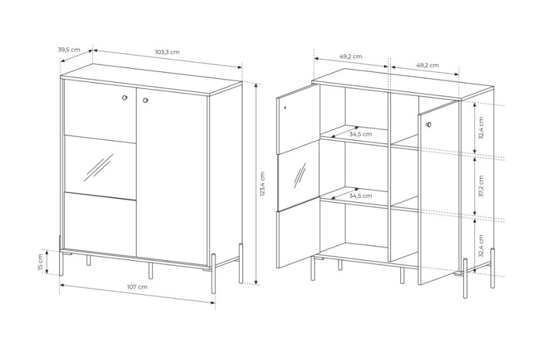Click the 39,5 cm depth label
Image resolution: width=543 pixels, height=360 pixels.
click(69, 49)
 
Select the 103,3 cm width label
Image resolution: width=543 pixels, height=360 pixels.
click(167, 52)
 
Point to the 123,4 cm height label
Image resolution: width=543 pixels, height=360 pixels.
click(262, 184)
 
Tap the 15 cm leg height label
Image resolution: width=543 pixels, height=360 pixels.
click(40, 262)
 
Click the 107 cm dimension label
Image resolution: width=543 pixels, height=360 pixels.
click(137, 287)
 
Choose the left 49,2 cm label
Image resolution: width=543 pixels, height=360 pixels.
click(351, 56)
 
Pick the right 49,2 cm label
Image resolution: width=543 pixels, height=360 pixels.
click(427, 65)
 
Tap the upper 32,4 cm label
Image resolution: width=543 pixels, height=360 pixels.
click(481, 128)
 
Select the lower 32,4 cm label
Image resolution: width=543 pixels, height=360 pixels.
click(481, 246)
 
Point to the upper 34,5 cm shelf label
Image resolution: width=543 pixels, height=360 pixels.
click(361, 134)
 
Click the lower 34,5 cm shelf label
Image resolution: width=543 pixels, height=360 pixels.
click(361, 196)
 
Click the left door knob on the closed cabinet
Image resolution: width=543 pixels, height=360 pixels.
click(124, 98)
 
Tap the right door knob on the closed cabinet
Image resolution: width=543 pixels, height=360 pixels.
click(145, 100)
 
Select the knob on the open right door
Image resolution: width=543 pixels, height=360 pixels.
click(429, 124)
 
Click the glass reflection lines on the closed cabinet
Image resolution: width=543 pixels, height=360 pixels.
click(98, 168)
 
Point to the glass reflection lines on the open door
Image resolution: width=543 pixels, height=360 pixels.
click(300, 176)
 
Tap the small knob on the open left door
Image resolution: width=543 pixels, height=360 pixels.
click(285, 107)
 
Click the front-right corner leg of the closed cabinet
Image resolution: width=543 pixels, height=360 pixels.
click(213, 273)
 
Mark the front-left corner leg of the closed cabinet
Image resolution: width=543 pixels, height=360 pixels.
click(61, 256)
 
